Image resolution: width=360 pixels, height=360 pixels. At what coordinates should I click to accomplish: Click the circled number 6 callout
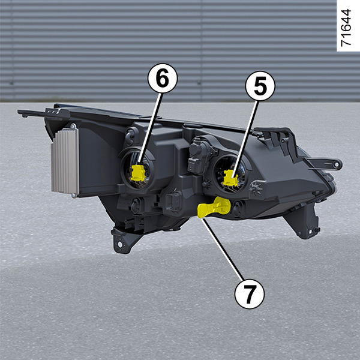point(163,78)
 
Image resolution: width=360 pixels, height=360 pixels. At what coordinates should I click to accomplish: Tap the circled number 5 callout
point(260,86)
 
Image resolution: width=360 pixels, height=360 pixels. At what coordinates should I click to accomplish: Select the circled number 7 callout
point(250,294)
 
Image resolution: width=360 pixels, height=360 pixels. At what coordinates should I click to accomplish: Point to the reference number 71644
point(346,28)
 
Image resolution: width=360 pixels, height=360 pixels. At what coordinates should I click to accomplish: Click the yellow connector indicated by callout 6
point(138,173)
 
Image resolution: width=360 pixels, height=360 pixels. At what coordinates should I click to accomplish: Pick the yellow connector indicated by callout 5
point(231,178)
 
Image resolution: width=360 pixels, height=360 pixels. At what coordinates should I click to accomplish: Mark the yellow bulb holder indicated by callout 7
point(214,207)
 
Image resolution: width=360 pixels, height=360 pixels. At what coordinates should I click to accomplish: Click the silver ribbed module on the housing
point(65,161)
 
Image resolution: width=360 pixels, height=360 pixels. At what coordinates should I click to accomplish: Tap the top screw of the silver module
point(73,126)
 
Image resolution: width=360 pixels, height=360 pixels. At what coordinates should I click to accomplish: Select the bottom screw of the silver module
point(73,196)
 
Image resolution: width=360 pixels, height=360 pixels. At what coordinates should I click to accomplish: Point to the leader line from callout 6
point(150,129)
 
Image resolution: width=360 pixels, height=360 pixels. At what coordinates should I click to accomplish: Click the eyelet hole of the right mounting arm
point(337,164)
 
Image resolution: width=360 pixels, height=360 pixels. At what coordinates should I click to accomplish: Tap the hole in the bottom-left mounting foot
point(120,244)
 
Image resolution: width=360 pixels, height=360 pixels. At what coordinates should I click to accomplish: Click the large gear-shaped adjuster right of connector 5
point(256,188)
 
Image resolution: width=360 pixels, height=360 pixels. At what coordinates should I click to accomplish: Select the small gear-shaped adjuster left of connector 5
point(206,184)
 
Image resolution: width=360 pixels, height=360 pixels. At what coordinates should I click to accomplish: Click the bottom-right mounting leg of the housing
point(304,220)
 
